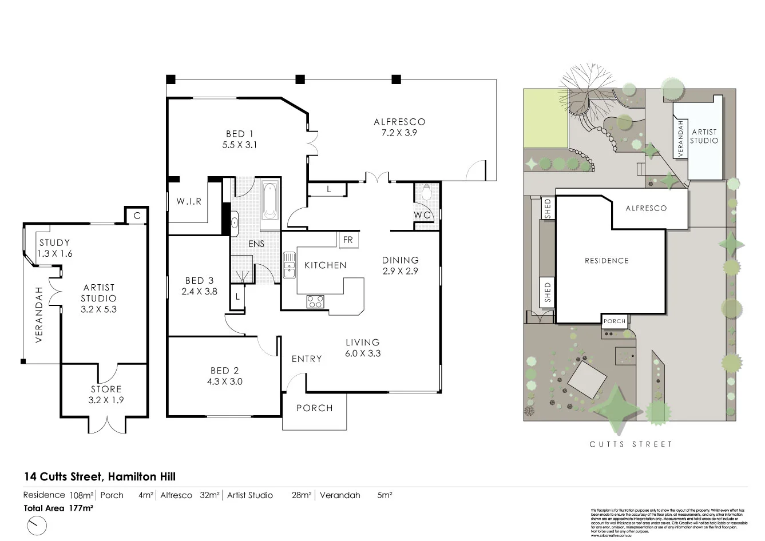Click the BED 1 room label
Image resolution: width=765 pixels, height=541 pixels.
coord(239,134)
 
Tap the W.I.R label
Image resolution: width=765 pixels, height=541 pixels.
coord(188,201)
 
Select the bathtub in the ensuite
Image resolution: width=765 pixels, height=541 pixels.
coord(270,201)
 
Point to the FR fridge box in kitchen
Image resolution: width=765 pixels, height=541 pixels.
coord(348,240)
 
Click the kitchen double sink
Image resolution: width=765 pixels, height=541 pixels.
coord(289,265)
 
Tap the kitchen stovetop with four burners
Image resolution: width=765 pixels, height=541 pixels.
coord(315,301)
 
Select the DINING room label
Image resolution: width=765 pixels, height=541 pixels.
coord(400,260)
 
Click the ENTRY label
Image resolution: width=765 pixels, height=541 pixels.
coord(307,359)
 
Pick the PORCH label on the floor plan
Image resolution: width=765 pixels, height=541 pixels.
coord(314,408)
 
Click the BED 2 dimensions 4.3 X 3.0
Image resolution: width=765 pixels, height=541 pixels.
coord(224,381)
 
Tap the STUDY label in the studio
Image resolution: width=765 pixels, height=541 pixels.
coord(54,242)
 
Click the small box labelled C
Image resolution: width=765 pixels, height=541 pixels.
coord(137,216)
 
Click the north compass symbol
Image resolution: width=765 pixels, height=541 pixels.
coord(36,524)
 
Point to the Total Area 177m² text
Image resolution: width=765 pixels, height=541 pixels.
coord(58,507)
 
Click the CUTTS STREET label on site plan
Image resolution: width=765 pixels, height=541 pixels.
coord(631,444)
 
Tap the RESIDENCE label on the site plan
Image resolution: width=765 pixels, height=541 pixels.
coord(606,261)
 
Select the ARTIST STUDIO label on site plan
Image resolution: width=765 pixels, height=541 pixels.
coord(704,136)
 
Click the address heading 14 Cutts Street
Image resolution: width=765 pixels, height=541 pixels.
coord(100,476)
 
